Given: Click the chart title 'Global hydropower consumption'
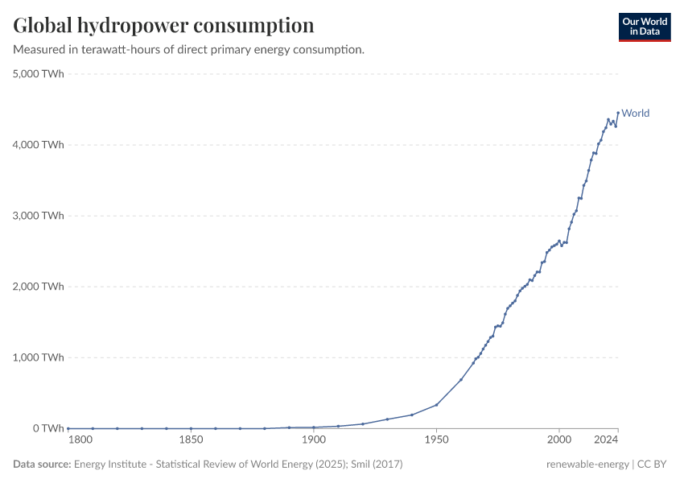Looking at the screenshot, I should click(x=163, y=26).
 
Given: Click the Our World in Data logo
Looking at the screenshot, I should click(x=645, y=27).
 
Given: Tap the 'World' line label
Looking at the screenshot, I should click(x=635, y=114).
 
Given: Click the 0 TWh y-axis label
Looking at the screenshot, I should click(x=48, y=428).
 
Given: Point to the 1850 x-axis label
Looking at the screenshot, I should click(x=191, y=440).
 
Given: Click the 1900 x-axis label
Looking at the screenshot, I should click(x=314, y=440).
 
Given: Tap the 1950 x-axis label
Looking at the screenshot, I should click(x=436, y=440).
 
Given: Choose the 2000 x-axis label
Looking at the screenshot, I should click(x=558, y=440).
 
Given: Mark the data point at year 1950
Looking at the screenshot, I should click(x=436, y=404).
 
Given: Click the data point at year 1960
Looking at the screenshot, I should click(x=461, y=379).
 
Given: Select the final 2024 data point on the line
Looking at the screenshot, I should click(x=618, y=113).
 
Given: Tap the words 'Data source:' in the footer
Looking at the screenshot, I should click(x=42, y=464).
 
